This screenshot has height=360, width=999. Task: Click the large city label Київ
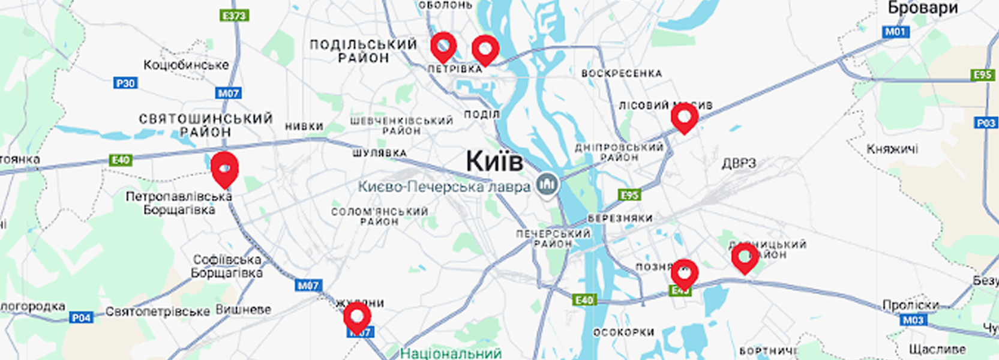point(494,161)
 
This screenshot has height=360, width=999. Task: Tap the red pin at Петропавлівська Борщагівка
point(224,169)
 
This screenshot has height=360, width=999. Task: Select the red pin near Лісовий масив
point(684,116)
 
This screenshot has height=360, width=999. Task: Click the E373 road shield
point(235,15)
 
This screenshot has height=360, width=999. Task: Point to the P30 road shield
point(125,83)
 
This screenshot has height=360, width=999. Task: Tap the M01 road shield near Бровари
point(895,31)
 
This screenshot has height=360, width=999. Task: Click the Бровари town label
point(923,8)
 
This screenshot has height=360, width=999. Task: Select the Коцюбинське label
point(186,64)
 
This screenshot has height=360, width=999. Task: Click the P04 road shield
point(81,317)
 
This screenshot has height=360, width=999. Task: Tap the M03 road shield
point(913,320)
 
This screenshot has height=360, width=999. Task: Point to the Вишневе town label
point(243,310)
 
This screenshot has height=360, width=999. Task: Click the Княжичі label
point(892,148)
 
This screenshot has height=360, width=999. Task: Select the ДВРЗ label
point(739,163)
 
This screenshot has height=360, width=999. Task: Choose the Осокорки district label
point(623,332)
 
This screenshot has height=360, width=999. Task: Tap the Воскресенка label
point(622,73)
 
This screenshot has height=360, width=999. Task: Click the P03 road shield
point(986,123)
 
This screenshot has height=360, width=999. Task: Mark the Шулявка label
point(379,153)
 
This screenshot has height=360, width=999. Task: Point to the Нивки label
point(304,127)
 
